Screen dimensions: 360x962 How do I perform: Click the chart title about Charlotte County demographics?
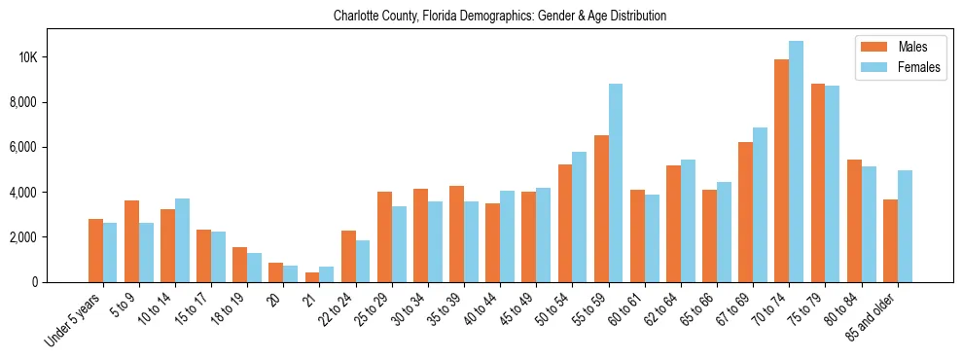[499, 17]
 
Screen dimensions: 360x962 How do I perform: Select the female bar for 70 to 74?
[797, 162]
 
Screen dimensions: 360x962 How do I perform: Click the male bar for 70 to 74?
[781, 171]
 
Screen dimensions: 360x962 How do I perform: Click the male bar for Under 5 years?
[95, 250]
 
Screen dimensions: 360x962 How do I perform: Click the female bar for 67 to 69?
[761, 204]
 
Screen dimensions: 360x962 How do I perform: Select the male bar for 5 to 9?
[131, 241]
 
